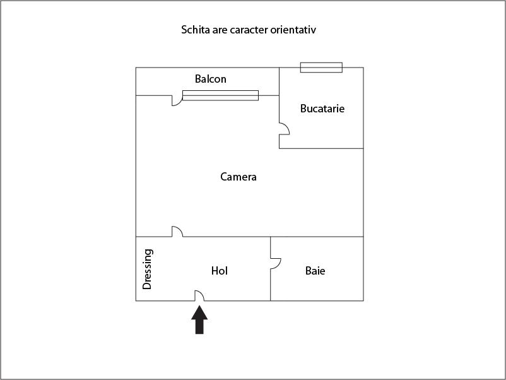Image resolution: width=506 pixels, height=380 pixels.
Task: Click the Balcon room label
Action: tap(210, 79)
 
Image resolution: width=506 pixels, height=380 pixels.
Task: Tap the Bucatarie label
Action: tap(322, 109)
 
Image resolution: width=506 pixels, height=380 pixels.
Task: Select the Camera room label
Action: tap(238, 177)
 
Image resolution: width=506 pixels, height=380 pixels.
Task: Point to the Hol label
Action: tap(220, 271)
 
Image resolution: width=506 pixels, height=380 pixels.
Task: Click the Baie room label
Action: tap(315, 271)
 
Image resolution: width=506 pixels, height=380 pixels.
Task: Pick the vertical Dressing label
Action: tap(147, 269)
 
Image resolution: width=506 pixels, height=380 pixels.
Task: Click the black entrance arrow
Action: tap(199, 319)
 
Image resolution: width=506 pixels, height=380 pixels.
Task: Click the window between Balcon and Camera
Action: tap(220, 95)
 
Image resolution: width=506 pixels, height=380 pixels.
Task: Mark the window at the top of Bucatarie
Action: tap(321, 68)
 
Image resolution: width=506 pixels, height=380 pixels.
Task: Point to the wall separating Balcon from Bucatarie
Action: tap(279, 81)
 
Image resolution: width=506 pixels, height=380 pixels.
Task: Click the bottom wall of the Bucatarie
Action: tap(321, 148)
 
